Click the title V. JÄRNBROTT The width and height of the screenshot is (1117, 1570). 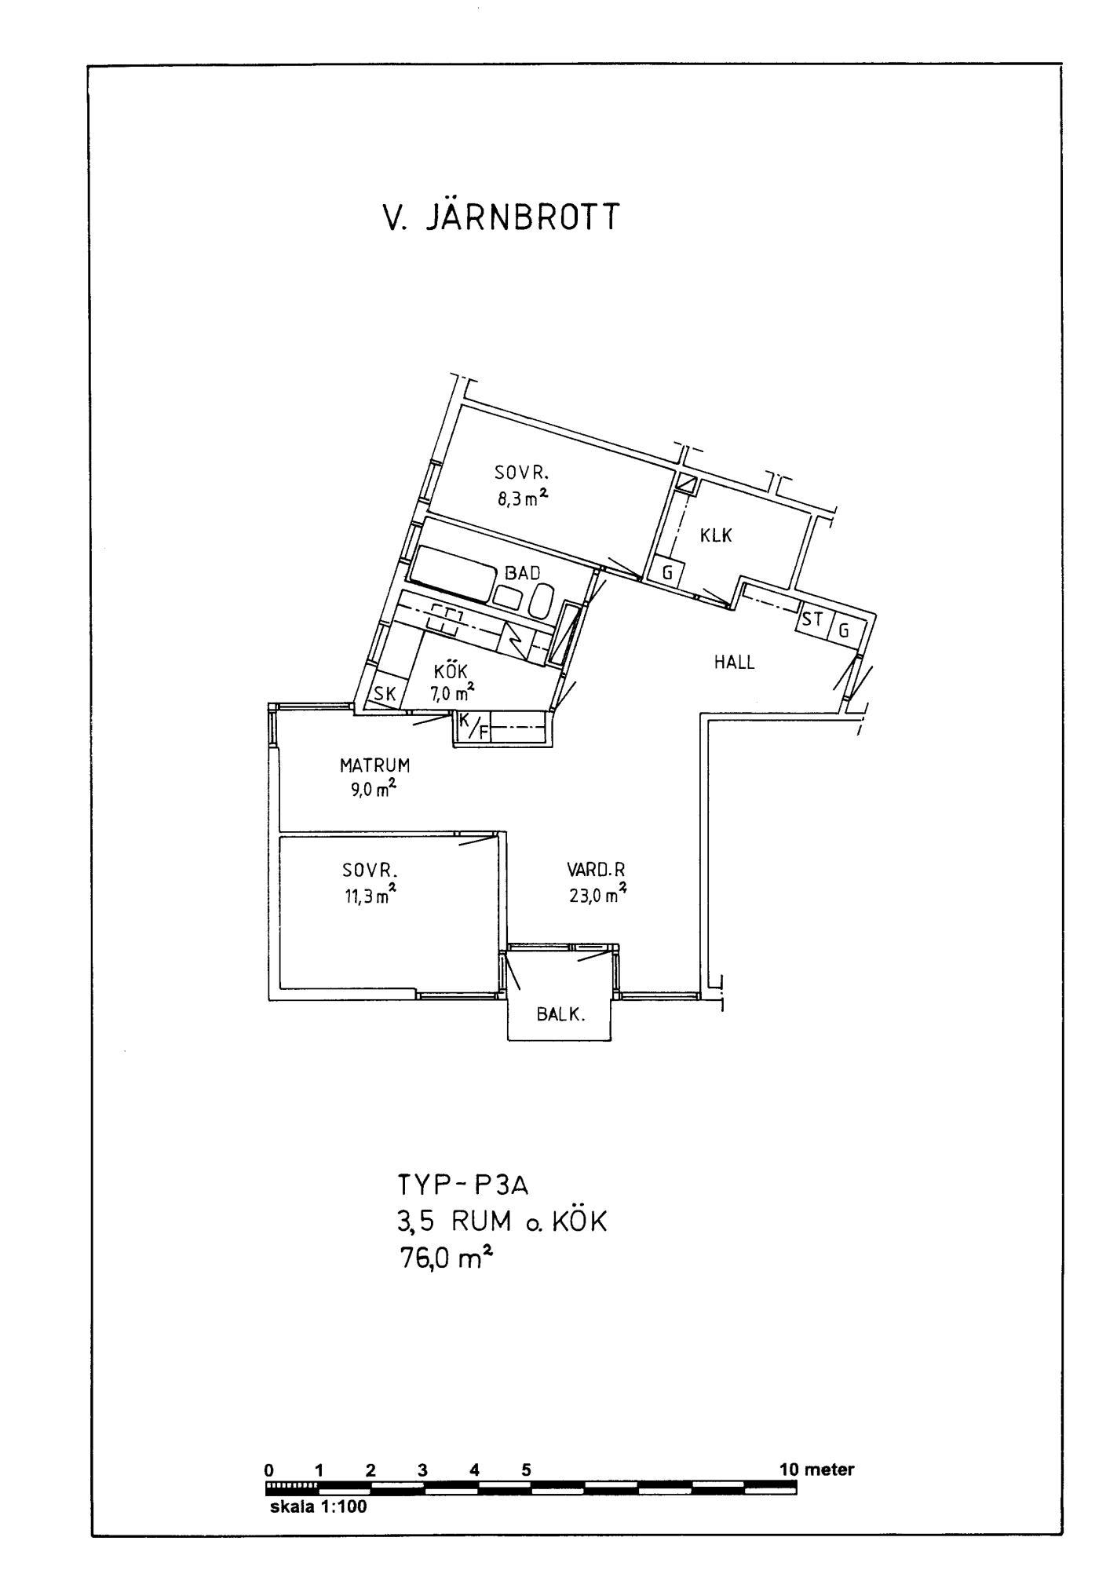coord(500,217)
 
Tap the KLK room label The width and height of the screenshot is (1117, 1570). coord(716,536)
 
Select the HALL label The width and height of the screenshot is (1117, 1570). coord(734,662)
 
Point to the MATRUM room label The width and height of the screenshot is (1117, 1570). coord(374,765)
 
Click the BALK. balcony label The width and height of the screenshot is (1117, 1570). coord(561,1014)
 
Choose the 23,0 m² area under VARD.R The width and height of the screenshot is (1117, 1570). coord(597,894)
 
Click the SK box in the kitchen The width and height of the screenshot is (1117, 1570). coord(387,691)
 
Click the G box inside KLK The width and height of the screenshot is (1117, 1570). coord(667,572)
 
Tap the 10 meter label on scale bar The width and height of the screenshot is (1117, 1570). coord(816,1470)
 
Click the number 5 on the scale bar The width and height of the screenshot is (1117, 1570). coord(526,1470)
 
